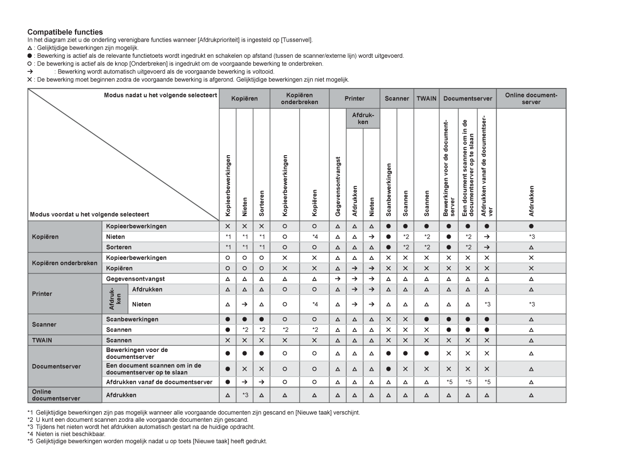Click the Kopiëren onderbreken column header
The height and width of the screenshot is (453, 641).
tap(299, 98)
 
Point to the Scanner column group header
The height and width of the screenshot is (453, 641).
tap(397, 98)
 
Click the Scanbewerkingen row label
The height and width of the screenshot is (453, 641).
tap(130, 319)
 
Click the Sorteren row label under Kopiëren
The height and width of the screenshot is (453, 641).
tap(118, 247)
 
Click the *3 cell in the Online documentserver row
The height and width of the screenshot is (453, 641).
tap(244, 395)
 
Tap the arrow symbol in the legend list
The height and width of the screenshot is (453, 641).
tap(30, 71)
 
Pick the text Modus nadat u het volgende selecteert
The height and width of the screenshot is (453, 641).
tap(161, 95)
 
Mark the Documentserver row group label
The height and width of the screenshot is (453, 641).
tap(57, 366)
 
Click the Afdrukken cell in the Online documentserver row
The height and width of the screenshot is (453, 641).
tap(118, 395)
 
